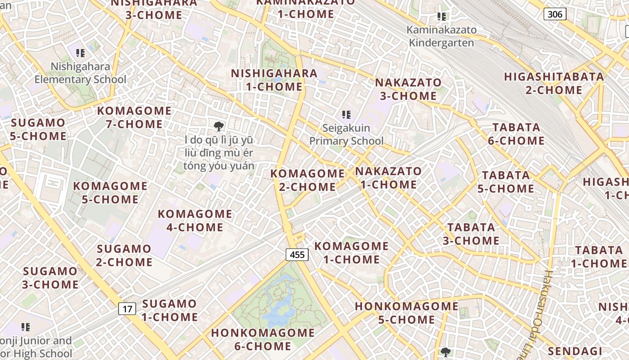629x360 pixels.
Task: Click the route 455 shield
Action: tap(297, 255)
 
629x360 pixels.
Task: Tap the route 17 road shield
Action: tap(128, 309)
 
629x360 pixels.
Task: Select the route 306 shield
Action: tap(555, 14)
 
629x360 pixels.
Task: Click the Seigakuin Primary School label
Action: tap(346, 135)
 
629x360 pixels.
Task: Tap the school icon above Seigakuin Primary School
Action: tap(346, 115)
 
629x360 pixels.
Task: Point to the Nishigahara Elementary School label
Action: tap(81, 73)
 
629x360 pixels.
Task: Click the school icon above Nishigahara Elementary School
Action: tap(80, 53)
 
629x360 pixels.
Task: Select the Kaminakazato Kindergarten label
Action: tap(441, 36)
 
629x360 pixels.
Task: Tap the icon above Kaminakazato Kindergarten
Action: tap(442, 17)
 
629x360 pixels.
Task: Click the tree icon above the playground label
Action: tap(219, 126)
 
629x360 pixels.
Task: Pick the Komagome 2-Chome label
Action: tap(308, 180)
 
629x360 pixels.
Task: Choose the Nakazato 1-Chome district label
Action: tap(389, 178)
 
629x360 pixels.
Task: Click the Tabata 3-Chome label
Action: tap(471, 234)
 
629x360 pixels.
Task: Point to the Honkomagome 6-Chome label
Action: tap(263, 339)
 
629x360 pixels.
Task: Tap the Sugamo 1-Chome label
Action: tap(169, 310)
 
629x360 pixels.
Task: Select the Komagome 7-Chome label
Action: tap(134, 117)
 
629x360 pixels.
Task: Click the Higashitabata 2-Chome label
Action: tap(554, 83)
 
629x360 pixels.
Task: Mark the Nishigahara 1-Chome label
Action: tap(274, 80)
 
